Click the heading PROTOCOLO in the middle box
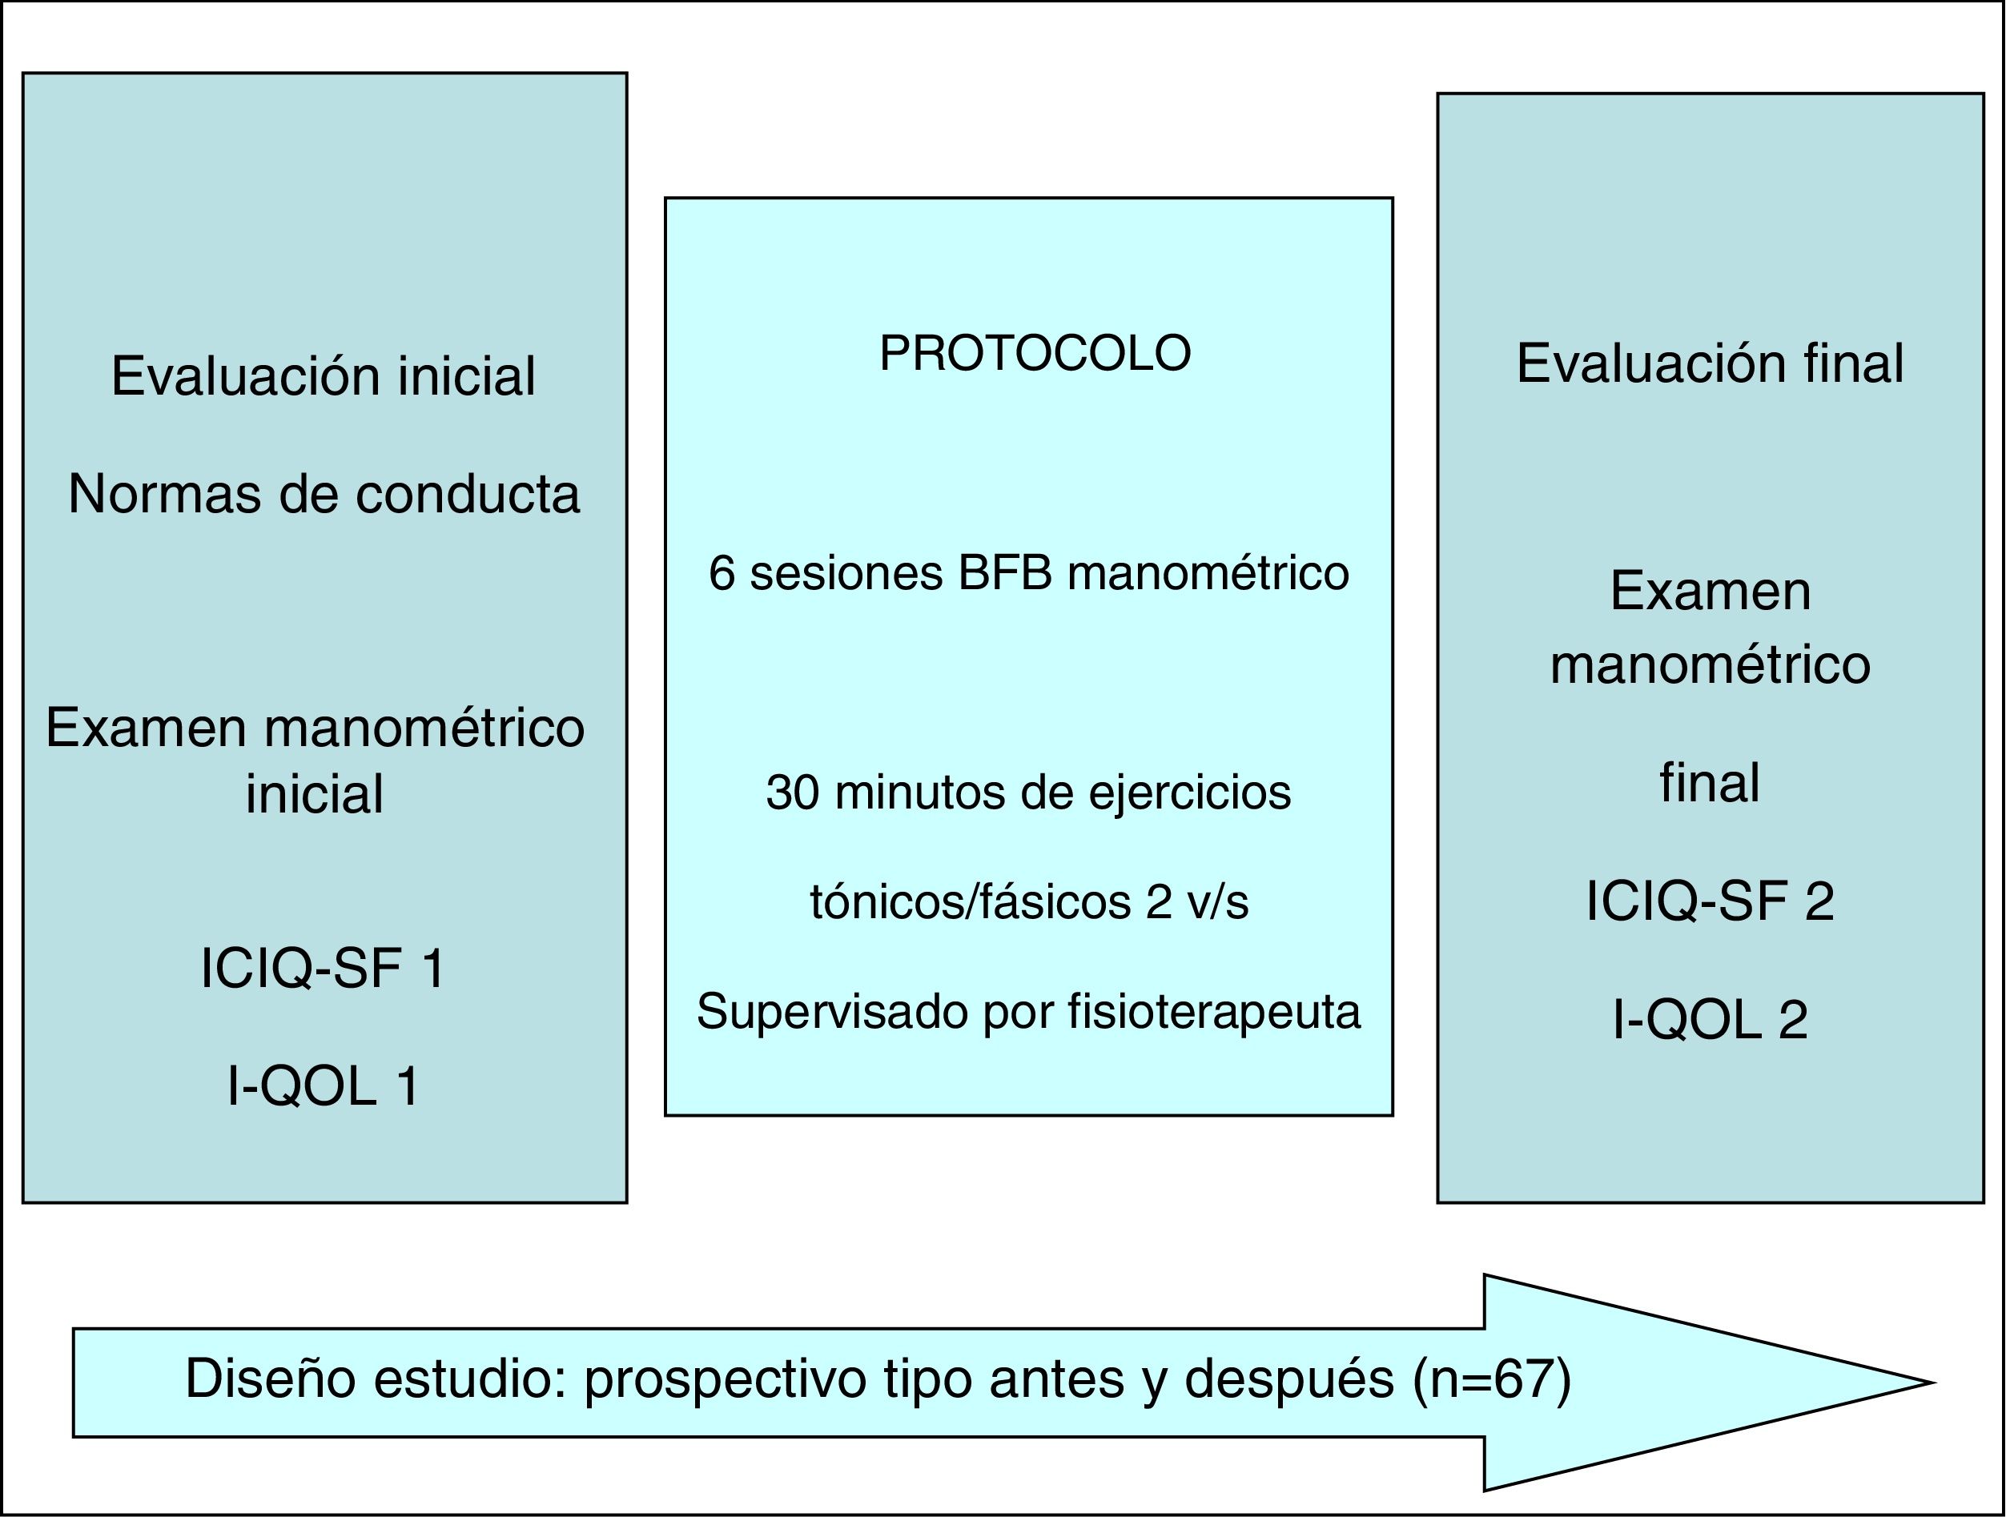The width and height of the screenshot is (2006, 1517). [x=1035, y=354]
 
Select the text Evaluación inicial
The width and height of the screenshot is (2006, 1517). [x=323, y=375]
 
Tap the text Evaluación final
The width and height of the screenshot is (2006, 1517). [x=1710, y=363]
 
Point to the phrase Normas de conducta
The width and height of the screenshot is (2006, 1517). [x=324, y=494]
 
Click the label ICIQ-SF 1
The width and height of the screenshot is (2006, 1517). [x=323, y=968]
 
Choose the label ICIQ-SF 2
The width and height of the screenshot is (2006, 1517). [x=1710, y=901]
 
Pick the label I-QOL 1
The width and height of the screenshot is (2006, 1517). [x=323, y=1086]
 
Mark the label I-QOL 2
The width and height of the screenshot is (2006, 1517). [x=1710, y=1018]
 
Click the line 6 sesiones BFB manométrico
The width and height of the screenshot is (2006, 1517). [x=1028, y=573]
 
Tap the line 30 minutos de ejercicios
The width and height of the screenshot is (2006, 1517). [x=1028, y=792]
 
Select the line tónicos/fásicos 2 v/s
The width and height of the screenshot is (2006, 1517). [x=1028, y=902]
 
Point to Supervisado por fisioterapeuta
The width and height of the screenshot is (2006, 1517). [x=1028, y=1011]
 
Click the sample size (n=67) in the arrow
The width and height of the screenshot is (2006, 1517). [x=1491, y=1380]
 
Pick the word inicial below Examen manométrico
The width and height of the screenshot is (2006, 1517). [x=315, y=794]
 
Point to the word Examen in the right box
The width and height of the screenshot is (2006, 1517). [x=1711, y=592]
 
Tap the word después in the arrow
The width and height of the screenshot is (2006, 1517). [x=1288, y=1380]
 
